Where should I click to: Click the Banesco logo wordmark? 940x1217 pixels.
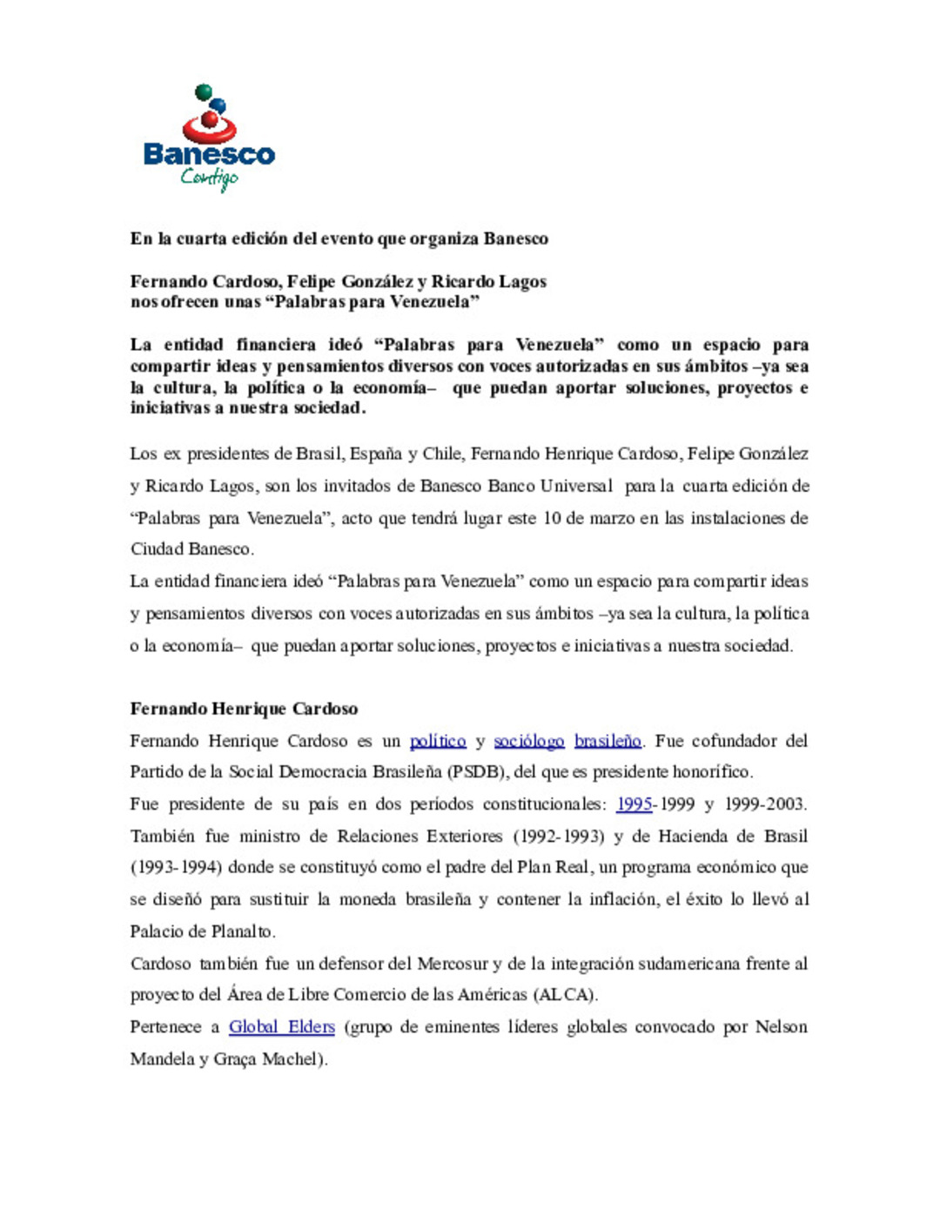209,155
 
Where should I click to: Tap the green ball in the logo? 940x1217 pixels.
203,91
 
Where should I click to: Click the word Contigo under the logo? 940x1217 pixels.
209,178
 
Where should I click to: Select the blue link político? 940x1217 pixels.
438,741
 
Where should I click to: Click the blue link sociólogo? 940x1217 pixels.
529,741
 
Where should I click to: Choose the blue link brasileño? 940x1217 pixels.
608,741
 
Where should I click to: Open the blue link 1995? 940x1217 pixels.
634,804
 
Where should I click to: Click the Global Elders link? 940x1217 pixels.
282,1027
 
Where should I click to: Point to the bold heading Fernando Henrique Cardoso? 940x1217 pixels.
244,709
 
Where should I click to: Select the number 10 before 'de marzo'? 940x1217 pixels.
552,519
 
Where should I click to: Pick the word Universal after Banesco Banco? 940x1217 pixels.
576,487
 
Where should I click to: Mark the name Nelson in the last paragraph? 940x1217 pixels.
781,1027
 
